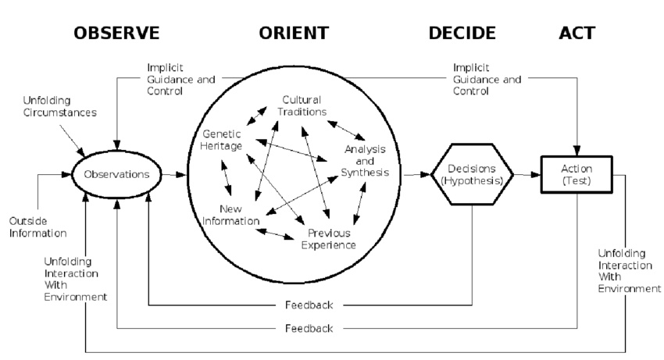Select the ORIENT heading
[294, 33]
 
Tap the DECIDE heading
[462, 33]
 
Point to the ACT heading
[577, 33]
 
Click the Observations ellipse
[116, 174]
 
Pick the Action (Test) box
[577, 174]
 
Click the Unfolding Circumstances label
[60, 107]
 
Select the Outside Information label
[38, 227]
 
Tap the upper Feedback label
[309, 304]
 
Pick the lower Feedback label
[309, 328]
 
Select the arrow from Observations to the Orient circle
[175, 174]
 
